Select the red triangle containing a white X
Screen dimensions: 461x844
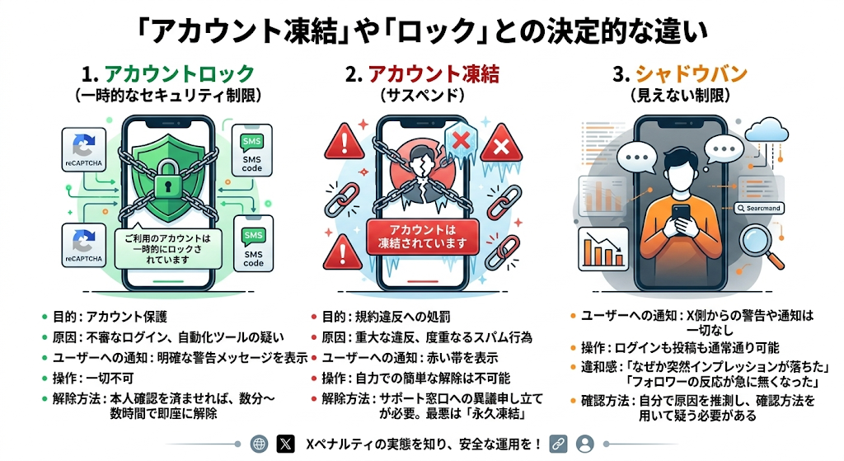[499, 148]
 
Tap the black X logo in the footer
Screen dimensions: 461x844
[286, 443]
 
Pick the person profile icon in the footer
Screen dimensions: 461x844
[585, 443]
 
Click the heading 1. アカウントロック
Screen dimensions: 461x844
[167, 73]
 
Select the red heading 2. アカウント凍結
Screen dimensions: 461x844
[421, 73]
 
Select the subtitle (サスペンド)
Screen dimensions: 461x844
[421, 95]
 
